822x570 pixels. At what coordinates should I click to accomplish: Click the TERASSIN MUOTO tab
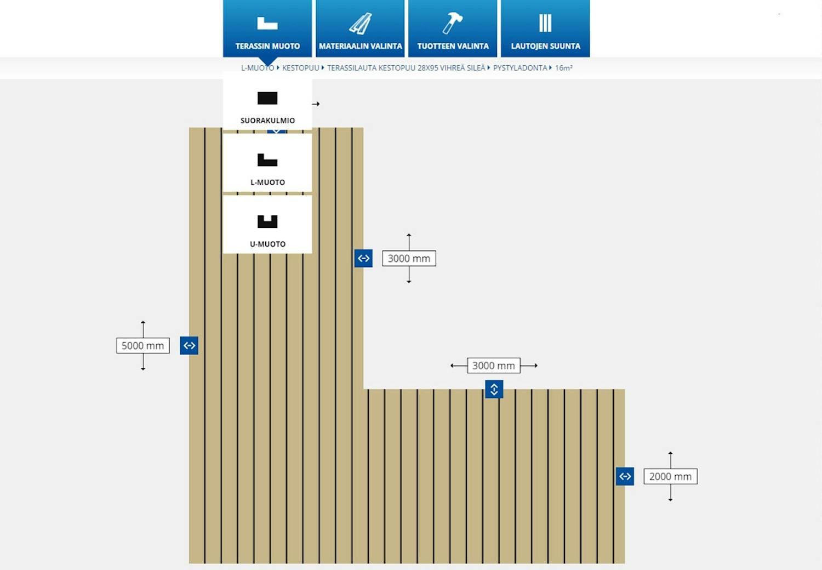pyautogui.click(x=267, y=29)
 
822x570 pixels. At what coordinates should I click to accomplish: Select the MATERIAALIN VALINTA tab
pyautogui.click(x=360, y=29)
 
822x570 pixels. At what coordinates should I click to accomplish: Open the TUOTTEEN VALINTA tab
pyautogui.click(x=453, y=29)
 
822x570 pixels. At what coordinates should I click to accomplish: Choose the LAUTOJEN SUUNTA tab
pyautogui.click(x=545, y=29)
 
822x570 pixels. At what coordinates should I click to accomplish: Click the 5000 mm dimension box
pyautogui.click(x=143, y=346)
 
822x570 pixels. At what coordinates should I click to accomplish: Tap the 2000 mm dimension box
pyautogui.click(x=670, y=477)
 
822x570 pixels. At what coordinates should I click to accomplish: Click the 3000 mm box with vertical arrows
pyautogui.click(x=409, y=259)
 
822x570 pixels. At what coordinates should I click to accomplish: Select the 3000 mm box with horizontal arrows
pyautogui.click(x=494, y=366)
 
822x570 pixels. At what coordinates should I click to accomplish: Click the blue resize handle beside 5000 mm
pyautogui.click(x=189, y=346)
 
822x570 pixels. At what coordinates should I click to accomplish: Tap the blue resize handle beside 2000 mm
pyautogui.click(x=625, y=477)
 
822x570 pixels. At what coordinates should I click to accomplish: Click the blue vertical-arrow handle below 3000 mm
pyautogui.click(x=494, y=389)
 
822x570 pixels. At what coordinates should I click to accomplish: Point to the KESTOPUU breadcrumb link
pyautogui.click(x=300, y=68)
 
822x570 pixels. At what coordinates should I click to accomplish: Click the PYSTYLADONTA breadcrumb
pyautogui.click(x=520, y=68)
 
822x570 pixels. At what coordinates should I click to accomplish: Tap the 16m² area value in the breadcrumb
pyautogui.click(x=563, y=68)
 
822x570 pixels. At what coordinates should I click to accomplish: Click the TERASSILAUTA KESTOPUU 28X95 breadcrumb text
pyautogui.click(x=406, y=68)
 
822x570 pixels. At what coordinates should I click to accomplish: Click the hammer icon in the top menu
pyautogui.click(x=453, y=23)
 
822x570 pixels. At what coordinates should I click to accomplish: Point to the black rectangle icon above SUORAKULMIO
pyautogui.click(x=267, y=98)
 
